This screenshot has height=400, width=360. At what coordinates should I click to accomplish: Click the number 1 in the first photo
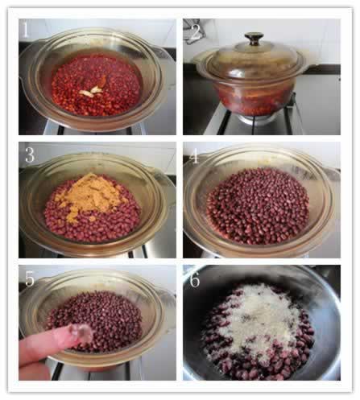point(26,30)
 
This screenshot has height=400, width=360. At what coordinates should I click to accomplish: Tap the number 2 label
point(195,31)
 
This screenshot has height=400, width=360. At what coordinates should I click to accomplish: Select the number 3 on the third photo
point(30,155)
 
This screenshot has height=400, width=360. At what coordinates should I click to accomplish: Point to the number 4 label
point(194,156)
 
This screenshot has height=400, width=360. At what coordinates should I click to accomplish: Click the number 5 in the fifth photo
point(30,278)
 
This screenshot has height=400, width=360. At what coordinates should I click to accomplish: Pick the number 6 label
point(195,279)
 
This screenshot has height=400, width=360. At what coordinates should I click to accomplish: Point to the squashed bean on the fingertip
point(81,332)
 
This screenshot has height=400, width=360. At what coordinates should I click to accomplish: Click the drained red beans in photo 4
point(258,206)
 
